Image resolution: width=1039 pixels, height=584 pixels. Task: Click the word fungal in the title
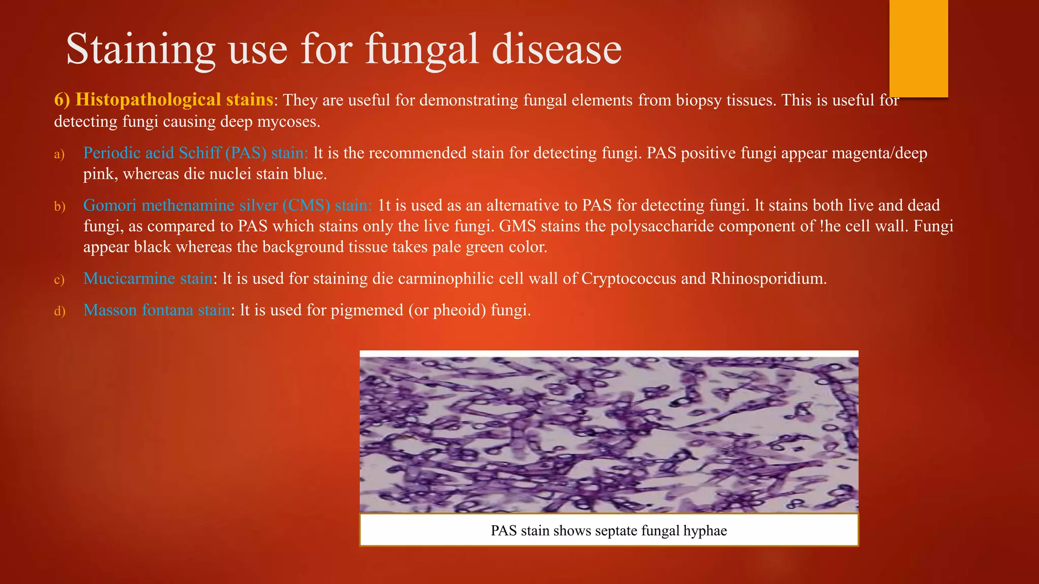click(422, 50)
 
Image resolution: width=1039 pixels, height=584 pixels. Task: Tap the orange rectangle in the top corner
click(918, 48)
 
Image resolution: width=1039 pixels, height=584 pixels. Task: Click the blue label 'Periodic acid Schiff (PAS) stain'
click(195, 153)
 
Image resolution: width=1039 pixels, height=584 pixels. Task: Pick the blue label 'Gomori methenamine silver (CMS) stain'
click(227, 205)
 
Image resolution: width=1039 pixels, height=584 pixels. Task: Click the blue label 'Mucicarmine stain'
click(148, 278)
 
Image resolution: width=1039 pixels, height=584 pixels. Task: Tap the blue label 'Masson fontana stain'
click(157, 310)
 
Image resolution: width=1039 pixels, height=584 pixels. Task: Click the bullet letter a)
click(59, 154)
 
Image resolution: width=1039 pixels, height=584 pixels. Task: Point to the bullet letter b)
click(60, 206)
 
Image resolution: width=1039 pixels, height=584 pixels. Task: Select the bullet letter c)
click(59, 279)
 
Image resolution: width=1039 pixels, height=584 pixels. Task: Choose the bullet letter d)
click(60, 311)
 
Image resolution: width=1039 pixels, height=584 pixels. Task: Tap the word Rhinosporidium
click(768, 278)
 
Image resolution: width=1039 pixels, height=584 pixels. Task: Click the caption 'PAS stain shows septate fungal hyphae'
click(609, 531)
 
